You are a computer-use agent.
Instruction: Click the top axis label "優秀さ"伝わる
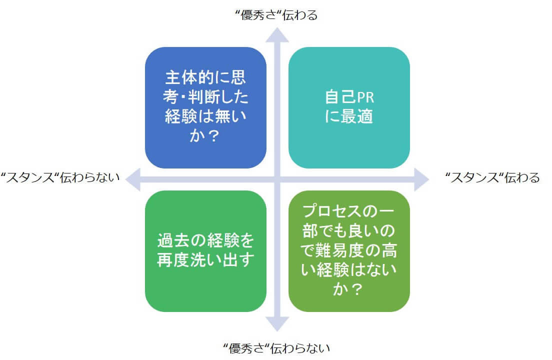[276, 15]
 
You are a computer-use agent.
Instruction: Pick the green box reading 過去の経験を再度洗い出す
[205, 251]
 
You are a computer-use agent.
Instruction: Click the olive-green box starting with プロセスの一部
[349, 251]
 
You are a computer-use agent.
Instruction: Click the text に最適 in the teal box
[349, 117]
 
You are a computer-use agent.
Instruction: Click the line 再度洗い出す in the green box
[205, 260]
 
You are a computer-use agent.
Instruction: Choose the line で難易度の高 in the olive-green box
[349, 251]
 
